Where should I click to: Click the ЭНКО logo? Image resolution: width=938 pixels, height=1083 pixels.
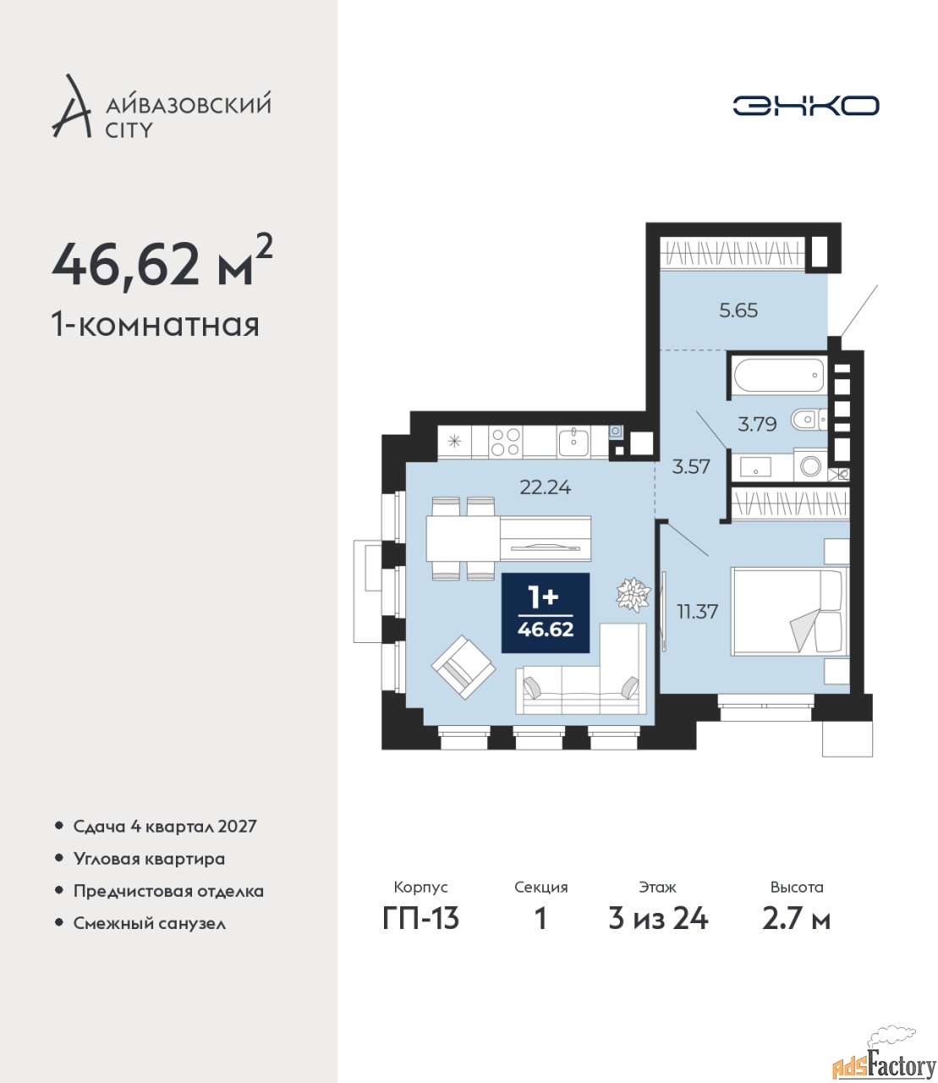pyautogui.click(x=805, y=105)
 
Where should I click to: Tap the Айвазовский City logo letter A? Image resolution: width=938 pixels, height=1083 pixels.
pyautogui.click(x=71, y=107)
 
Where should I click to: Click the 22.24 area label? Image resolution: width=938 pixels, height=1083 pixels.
pyautogui.click(x=546, y=487)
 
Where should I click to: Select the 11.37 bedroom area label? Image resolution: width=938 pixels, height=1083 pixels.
pyautogui.click(x=697, y=611)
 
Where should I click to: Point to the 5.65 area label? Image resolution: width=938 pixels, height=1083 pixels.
pyautogui.click(x=738, y=311)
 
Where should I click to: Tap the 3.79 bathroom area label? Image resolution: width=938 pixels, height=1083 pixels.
pyautogui.click(x=757, y=424)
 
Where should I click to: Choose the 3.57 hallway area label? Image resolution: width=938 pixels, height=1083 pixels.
pyautogui.click(x=691, y=466)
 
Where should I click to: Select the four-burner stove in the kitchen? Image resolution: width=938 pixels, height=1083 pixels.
pyautogui.click(x=506, y=442)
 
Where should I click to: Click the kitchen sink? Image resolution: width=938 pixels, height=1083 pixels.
pyautogui.click(x=574, y=443)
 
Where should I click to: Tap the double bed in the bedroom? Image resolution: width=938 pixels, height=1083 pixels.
pyautogui.click(x=789, y=611)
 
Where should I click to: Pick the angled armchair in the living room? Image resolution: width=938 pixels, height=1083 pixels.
pyautogui.click(x=463, y=667)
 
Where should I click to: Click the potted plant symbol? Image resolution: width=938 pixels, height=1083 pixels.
pyautogui.click(x=634, y=594)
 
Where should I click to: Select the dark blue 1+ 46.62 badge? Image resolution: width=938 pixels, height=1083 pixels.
pyautogui.click(x=546, y=613)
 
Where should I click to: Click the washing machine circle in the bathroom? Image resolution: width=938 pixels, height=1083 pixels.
pyautogui.click(x=810, y=465)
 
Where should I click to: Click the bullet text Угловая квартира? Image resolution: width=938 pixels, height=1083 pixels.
pyautogui.click(x=149, y=860)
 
